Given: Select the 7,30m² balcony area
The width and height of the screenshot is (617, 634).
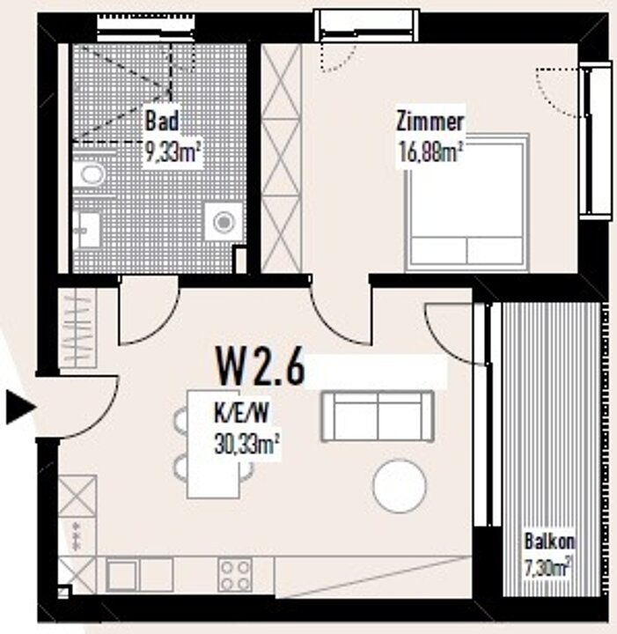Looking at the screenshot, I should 548,568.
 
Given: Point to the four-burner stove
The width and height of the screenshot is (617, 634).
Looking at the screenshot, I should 235,575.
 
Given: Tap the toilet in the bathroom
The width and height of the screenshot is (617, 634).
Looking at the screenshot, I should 90,173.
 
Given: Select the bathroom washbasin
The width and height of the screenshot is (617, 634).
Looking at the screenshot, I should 88,231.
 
